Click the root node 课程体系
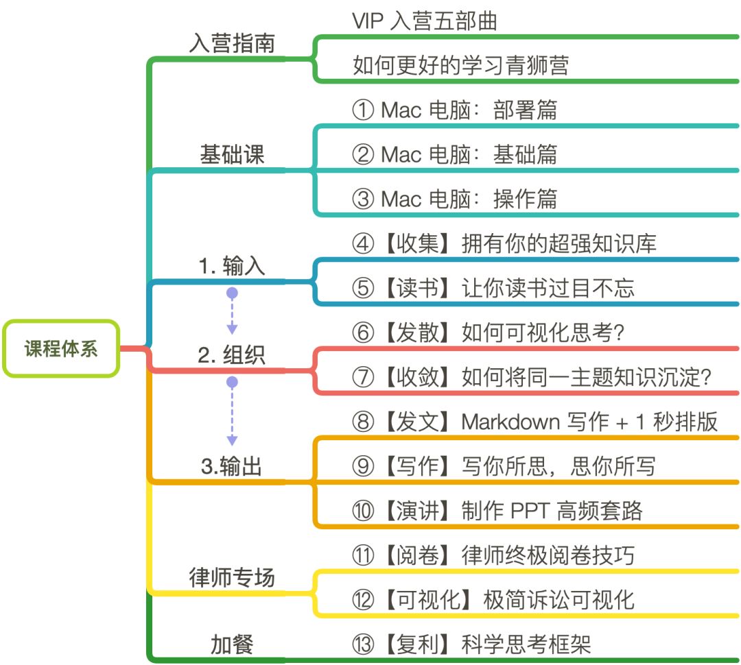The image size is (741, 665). pos(61,348)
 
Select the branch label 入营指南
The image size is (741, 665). pos(232,44)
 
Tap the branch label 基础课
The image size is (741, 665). pos(232,154)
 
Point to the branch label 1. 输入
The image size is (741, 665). pos(232,266)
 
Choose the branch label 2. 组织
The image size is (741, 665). pos(232,354)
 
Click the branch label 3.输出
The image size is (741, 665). pos(232,468)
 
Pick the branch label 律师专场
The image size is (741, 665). pos(232,577)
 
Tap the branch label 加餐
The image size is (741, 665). pos(232,644)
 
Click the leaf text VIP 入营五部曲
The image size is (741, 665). pos(425,21)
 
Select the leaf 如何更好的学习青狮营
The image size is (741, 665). pos(460,66)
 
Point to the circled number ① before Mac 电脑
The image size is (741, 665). pos(363,110)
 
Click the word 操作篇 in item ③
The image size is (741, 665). pos(525,199)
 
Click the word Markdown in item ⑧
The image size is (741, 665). pos(510,421)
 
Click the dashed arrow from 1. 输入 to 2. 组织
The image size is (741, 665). pos(232,312)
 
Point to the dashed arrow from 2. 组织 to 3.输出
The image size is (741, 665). pos(232,411)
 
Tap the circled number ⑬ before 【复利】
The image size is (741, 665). pos(363,644)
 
